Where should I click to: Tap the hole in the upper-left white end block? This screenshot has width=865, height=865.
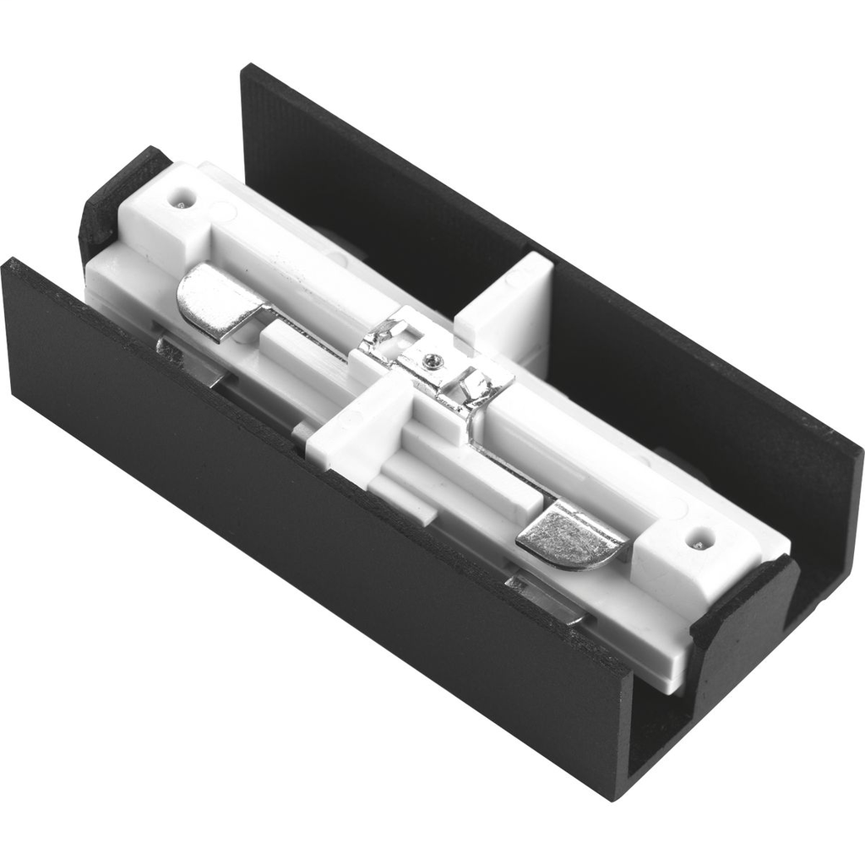pos(180,203)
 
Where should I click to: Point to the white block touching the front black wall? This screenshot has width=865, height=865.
pos(351,430)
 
